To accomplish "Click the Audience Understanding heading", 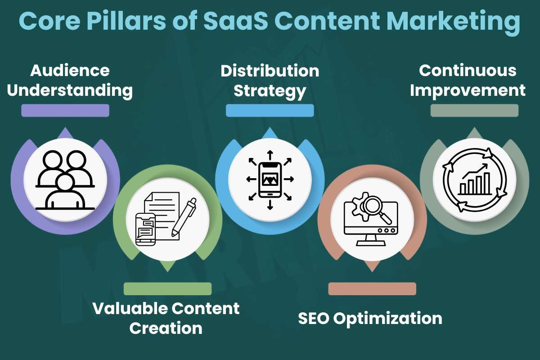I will point(70,81).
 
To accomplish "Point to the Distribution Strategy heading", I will point(270,81).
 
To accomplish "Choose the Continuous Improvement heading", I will point(468,81).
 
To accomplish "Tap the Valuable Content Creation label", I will point(166,318).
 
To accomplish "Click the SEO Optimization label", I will point(370,319).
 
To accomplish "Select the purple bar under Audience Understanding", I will point(65,111).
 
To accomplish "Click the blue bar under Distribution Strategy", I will point(270,111).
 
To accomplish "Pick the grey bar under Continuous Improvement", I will point(474,111).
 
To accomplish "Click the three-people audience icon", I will point(65,180).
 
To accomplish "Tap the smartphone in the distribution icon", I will point(270,179).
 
